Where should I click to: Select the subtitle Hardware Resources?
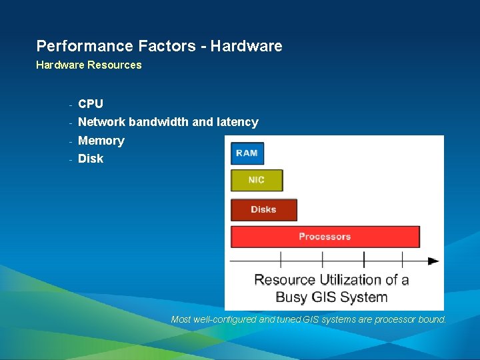pos(89,65)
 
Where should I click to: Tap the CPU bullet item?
pos(91,103)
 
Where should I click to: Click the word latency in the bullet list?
pos(237,122)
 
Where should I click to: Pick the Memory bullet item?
pos(101,141)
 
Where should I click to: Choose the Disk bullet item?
pos(91,159)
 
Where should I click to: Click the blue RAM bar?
pos(247,153)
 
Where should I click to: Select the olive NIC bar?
pos(257,180)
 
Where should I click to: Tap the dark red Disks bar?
pos(263,209)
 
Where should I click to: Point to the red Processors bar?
pos(325,237)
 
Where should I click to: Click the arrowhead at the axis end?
pos(433,261)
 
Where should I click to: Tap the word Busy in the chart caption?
pos(292,297)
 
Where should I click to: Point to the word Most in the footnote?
pos(181,319)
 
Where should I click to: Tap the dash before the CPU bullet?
pos(69,104)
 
